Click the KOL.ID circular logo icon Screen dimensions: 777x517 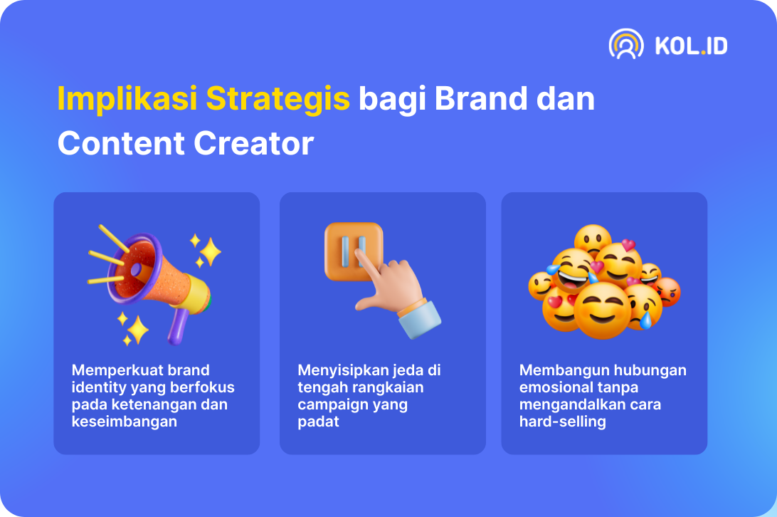point(626,44)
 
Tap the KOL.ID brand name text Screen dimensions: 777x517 point(692,46)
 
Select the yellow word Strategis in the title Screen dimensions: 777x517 point(278,99)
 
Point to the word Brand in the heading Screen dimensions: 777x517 point(481,98)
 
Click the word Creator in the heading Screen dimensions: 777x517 point(254,143)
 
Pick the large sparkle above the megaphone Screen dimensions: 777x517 point(210,251)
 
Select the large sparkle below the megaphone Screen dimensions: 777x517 point(138,330)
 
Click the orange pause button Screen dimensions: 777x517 point(354,251)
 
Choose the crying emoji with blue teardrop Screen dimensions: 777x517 point(643,307)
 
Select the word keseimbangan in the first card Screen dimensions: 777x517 point(125,422)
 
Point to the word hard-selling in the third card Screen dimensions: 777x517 point(562,422)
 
